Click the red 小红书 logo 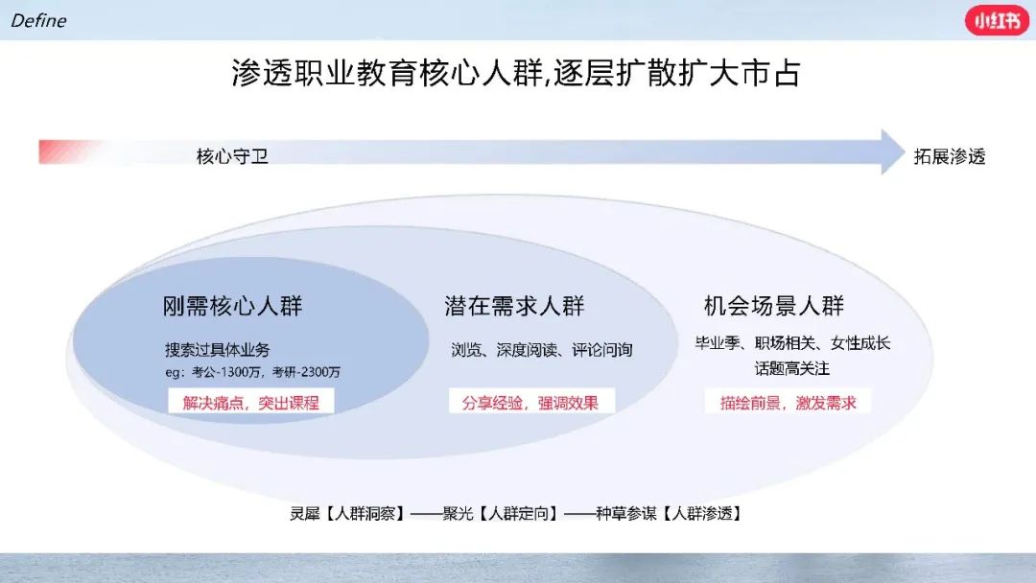coord(997,20)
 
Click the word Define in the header coord(38,20)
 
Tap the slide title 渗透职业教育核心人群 coord(388,73)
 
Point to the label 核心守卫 coord(232,156)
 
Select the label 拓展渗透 coord(950,156)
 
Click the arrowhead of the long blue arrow coord(893,152)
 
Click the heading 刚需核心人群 coord(232,306)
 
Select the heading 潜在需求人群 coord(514,306)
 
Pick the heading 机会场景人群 coord(774,306)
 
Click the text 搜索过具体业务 coord(218,349)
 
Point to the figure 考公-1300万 coord(226,372)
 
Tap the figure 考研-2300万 coord(307,372)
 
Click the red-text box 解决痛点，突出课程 coord(251,402)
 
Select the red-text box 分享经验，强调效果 coord(531,402)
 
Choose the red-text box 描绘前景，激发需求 coord(788,402)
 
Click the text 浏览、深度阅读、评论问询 coord(542,349)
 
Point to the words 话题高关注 coord(792,368)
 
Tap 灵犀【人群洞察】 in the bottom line coord(347,513)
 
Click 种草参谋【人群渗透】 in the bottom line coord(670,513)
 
